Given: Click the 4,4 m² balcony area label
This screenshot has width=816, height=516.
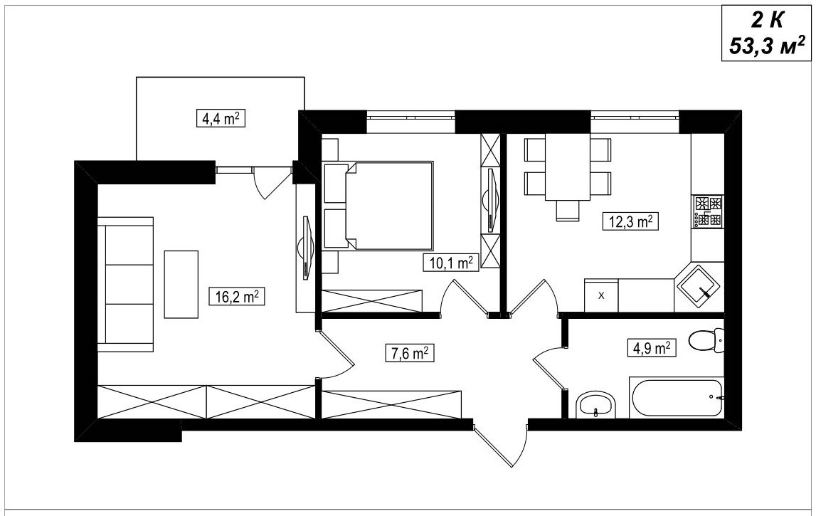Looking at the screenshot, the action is click(x=221, y=118).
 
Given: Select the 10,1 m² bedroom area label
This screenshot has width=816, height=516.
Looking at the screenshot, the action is click(x=450, y=263).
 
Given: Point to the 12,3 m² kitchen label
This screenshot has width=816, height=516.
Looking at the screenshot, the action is click(x=630, y=221).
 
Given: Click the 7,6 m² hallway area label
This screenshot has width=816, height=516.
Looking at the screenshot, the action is click(x=409, y=353).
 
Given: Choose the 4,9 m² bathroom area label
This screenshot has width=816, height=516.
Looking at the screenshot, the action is click(x=651, y=347).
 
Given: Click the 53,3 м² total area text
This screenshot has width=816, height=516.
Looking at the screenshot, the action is click(x=767, y=46).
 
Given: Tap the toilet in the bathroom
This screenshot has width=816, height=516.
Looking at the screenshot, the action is click(x=706, y=341).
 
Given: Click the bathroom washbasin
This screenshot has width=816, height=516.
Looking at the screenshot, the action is click(x=596, y=404).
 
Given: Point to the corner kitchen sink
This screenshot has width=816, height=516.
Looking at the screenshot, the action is click(x=697, y=286).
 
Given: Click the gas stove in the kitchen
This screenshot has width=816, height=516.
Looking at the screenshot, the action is click(x=708, y=211).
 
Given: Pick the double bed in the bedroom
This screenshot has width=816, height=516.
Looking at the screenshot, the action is click(x=378, y=205).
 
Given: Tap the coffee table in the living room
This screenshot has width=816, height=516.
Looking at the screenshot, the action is click(x=181, y=284).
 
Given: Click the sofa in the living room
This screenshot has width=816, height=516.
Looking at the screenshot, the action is click(x=125, y=284).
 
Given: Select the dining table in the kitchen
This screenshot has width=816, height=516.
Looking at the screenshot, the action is click(x=568, y=167).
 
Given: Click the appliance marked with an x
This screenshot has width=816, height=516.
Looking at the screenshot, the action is click(x=602, y=295).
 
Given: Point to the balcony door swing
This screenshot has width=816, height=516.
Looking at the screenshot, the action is click(x=272, y=182).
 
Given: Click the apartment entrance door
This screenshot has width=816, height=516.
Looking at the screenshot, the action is click(x=501, y=446).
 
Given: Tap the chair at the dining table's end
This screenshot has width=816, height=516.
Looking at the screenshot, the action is click(x=567, y=211).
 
